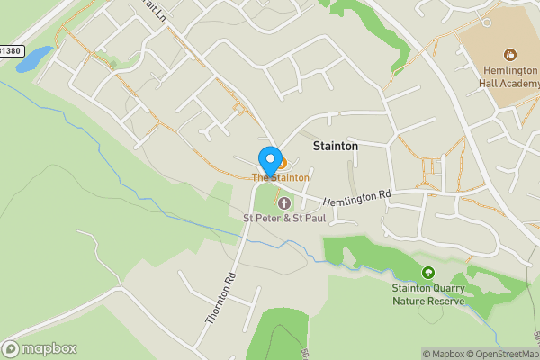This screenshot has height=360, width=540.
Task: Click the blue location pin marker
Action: (269, 160)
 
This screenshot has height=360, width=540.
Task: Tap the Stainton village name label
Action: (335, 145)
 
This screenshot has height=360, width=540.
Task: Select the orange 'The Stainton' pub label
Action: (281, 178)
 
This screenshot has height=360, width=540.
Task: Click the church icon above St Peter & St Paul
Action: (284, 202)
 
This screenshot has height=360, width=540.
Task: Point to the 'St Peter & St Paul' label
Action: (284, 218)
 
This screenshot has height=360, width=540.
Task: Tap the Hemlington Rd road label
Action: (358, 198)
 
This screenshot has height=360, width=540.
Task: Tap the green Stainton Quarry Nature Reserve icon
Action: (427, 272)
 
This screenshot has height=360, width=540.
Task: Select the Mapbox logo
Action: (40, 348)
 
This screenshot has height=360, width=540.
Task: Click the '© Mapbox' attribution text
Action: (444, 354)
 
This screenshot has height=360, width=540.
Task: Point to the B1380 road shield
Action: (8, 51)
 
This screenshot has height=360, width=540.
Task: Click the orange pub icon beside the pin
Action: (282, 163)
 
